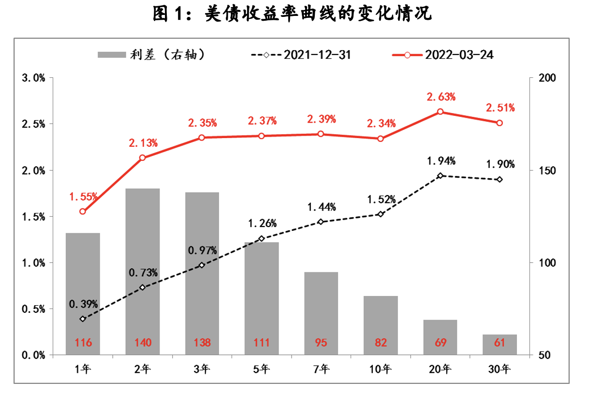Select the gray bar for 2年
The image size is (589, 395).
(143, 270)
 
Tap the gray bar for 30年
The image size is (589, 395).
(500, 344)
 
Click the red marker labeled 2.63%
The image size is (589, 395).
(440, 112)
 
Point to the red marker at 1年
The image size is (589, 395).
(83, 212)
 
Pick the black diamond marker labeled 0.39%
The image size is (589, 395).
(83, 319)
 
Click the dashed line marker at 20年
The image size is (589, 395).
(440, 176)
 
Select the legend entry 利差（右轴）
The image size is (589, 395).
(154, 55)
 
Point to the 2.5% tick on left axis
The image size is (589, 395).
(33, 124)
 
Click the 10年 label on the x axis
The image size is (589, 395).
(381, 369)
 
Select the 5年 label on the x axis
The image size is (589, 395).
(262, 369)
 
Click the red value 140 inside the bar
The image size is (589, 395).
(143, 343)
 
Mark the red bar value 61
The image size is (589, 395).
(500, 343)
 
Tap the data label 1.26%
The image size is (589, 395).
(262, 224)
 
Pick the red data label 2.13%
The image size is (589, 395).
(143, 143)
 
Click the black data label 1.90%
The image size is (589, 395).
(500, 164)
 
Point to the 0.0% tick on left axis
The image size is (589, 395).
(33, 355)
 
